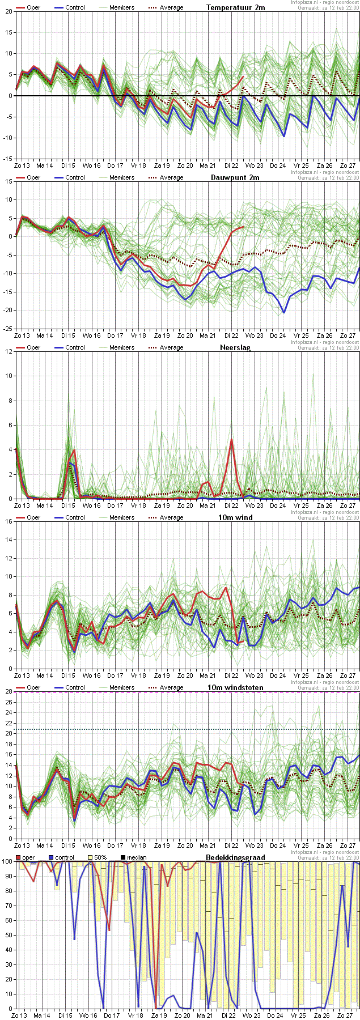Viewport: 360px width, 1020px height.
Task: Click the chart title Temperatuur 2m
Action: (x=235, y=7)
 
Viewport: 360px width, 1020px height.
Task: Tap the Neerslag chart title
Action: (x=233, y=347)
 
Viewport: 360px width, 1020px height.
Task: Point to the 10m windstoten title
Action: (x=235, y=687)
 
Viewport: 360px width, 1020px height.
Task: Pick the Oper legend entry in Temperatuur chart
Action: (x=28, y=7)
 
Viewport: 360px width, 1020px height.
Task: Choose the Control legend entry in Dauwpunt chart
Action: (x=70, y=177)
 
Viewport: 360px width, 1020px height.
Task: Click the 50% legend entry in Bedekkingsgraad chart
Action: (x=97, y=857)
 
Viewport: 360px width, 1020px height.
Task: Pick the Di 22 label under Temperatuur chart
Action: (x=231, y=165)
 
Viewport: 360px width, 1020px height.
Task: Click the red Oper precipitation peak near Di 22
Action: (x=231, y=439)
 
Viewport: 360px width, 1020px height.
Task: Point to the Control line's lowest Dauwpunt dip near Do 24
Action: (x=284, y=312)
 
